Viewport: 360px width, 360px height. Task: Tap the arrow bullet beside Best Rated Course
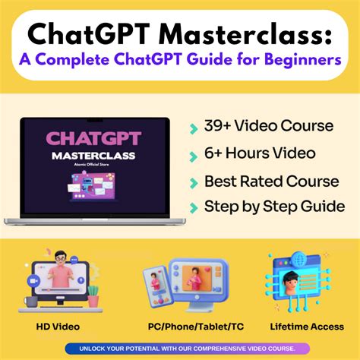tap(194, 182)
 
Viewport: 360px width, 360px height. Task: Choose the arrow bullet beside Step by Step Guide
tap(194, 207)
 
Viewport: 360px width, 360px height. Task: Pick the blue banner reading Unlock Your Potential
tap(180, 349)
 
